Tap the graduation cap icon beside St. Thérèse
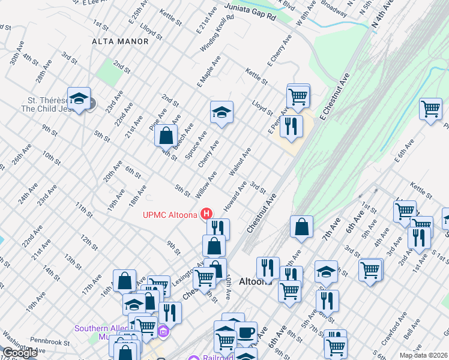pos(78,98)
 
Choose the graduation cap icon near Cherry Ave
pos(221,112)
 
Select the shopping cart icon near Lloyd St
pos(298,95)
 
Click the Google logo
pos(19,353)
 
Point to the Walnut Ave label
pos(240,161)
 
